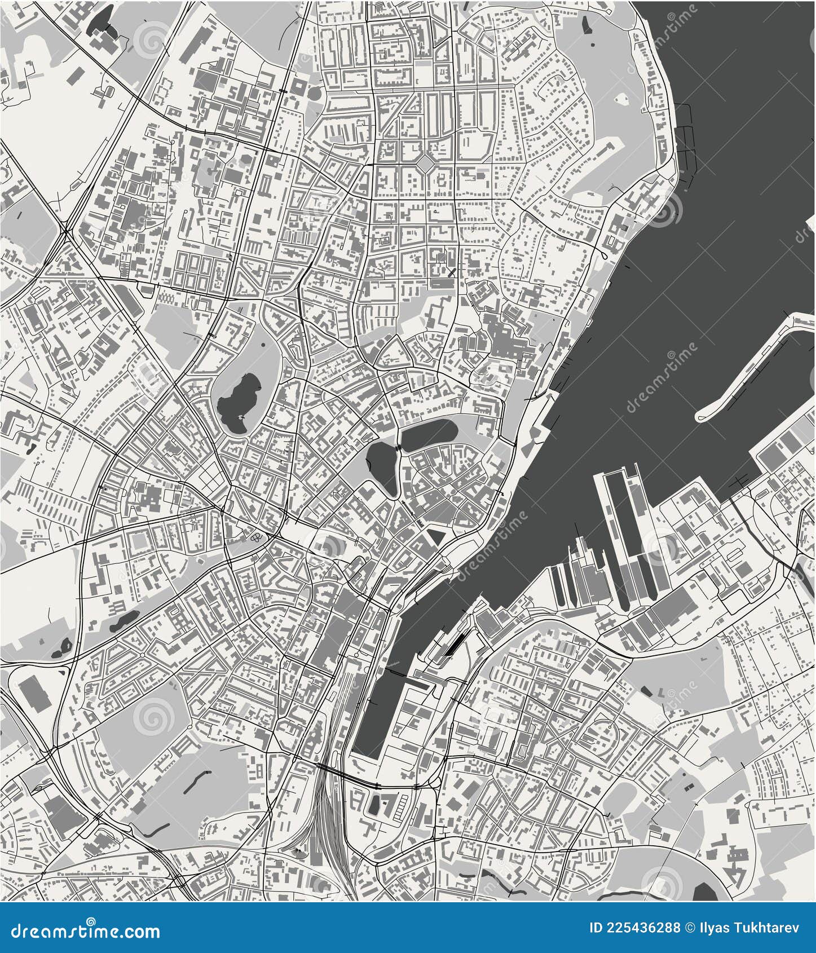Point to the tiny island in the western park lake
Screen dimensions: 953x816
(x=242, y=418)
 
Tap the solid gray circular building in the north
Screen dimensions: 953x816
(x=315, y=92)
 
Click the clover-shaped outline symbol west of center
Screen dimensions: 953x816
(x=257, y=537)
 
